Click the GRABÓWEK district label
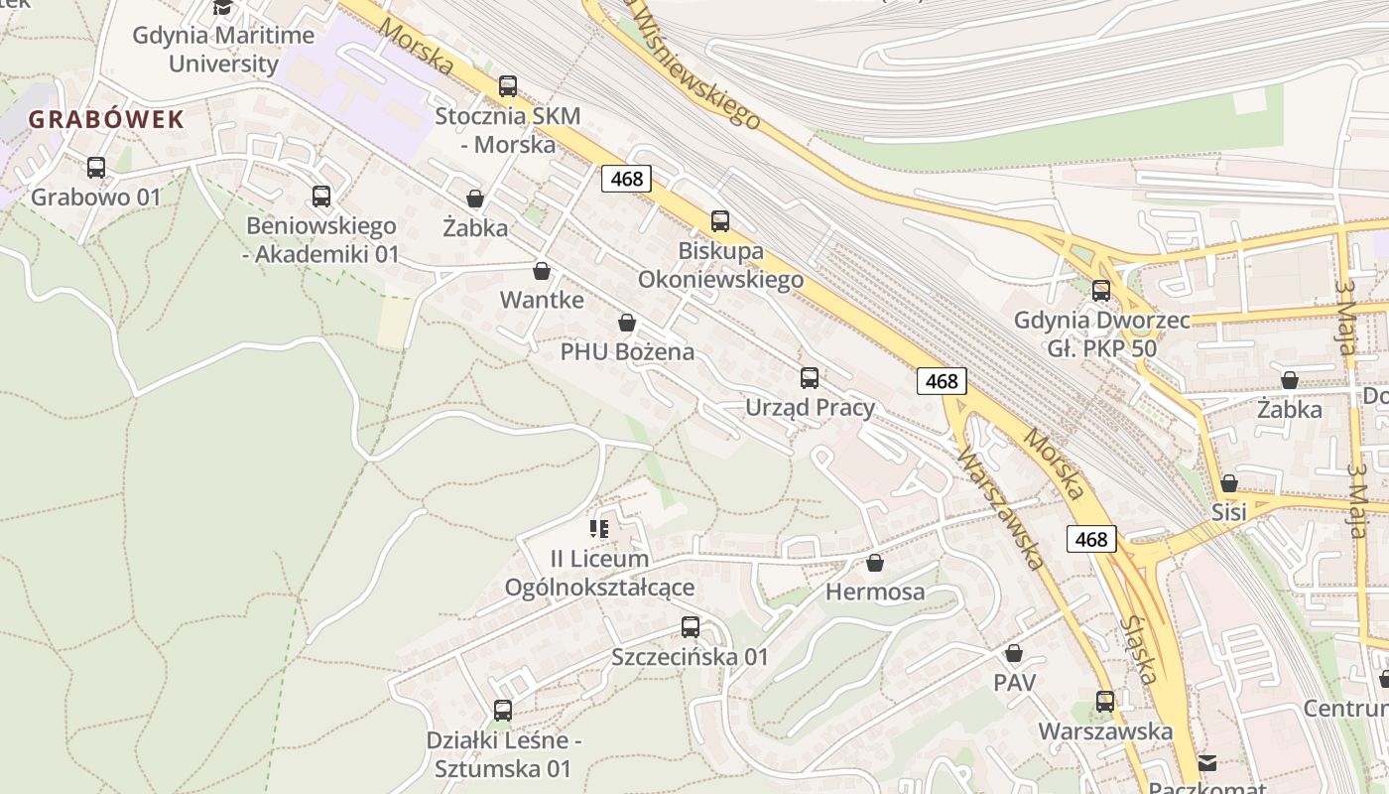click(x=106, y=120)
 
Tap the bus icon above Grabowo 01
click(x=96, y=168)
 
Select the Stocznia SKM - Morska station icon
click(x=508, y=86)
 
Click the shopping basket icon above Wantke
click(x=542, y=271)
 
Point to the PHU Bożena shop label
click(x=627, y=351)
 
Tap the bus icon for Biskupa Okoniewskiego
click(x=720, y=221)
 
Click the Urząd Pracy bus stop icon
click(x=810, y=378)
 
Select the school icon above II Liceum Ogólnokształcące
click(x=599, y=529)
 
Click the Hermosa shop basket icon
click(x=875, y=564)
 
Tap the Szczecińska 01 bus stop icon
click(x=691, y=627)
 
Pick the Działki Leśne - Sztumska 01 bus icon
click(x=503, y=711)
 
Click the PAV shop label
click(x=1014, y=683)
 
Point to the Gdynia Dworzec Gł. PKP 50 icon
click(x=1101, y=291)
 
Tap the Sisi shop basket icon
click(x=1229, y=483)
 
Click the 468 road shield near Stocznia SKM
click(x=627, y=179)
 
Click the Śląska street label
click(x=1142, y=650)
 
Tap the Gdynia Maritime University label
click(x=223, y=50)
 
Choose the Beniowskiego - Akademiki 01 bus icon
click(x=321, y=197)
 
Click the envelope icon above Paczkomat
click(x=1207, y=762)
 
